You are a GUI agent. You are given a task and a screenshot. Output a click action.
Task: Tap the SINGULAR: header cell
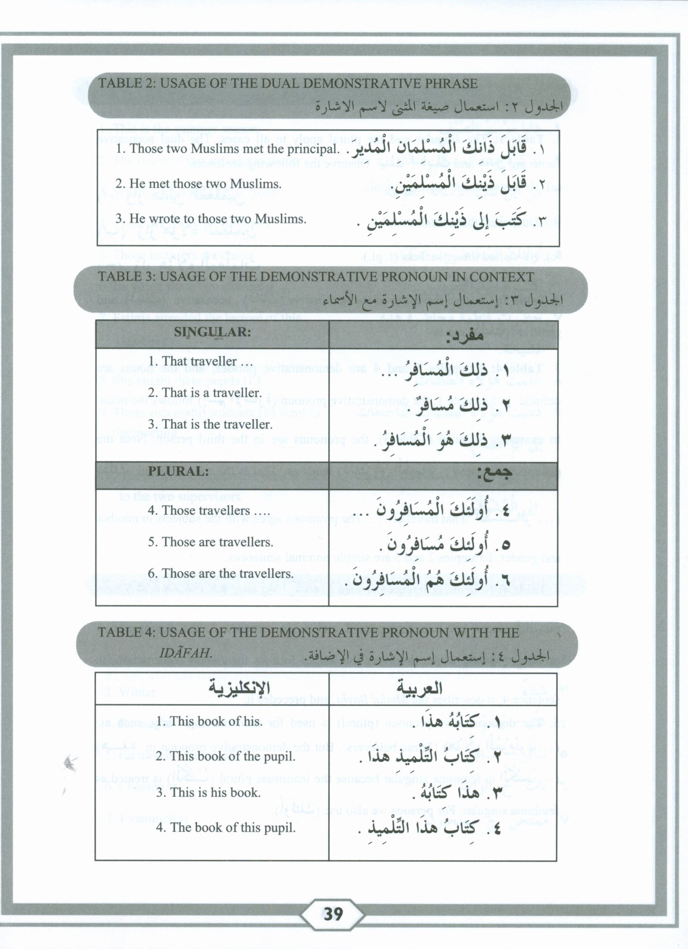pyautogui.click(x=212, y=332)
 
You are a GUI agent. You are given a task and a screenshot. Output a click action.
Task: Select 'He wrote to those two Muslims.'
pyautogui.click(x=211, y=219)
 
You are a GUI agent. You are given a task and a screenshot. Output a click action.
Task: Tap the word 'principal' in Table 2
pyautogui.click(x=315, y=149)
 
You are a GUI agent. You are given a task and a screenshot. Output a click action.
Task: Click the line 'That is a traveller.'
pyautogui.click(x=204, y=393)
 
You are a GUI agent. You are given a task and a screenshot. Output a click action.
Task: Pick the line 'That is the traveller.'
pyautogui.click(x=210, y=424)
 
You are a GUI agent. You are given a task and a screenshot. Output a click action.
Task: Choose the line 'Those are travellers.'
pyautogui.click(x=210, y=542)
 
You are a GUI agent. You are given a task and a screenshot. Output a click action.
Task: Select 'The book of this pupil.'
pyautogui.click(x=226, y=828)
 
